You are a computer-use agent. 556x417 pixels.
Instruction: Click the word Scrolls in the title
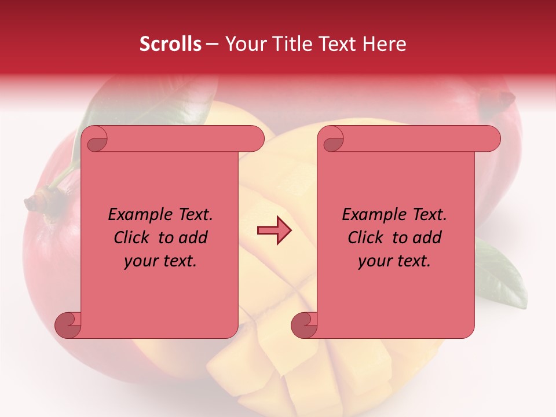click(x=170, y=44)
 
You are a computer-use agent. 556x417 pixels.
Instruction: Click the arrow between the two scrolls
click(x=274, y=231)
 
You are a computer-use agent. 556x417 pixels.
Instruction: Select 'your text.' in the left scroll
click(x=160, y=261)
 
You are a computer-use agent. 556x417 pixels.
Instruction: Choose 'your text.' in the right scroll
click(x=394, y=261)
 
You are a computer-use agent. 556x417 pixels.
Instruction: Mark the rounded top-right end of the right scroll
click(x=491, y=138)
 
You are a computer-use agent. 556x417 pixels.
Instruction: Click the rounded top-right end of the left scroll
click(x=255, y=138)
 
